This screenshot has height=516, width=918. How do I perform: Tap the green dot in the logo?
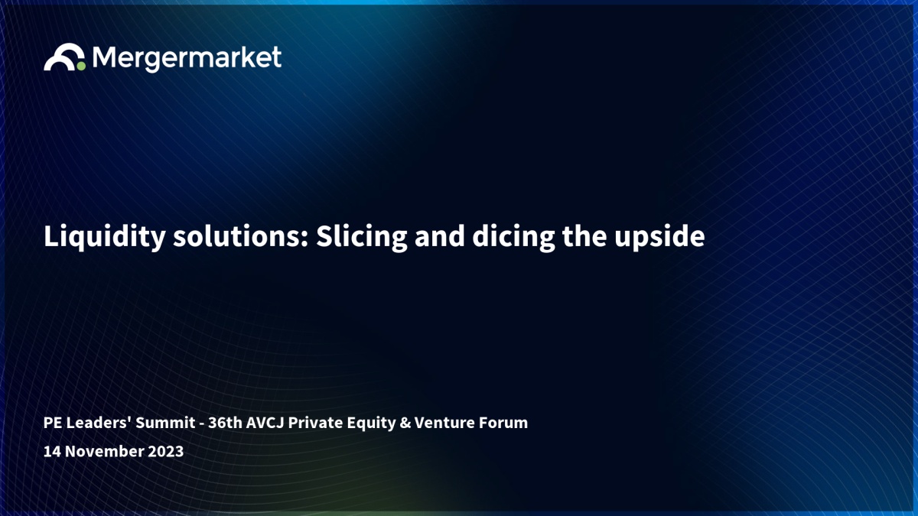pyautogui.click(x=81, y=66)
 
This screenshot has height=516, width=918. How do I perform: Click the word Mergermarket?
pyautogui.click(x=187, y=58)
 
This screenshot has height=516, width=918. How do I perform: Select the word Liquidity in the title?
pyautogui.click(x=105, y=237)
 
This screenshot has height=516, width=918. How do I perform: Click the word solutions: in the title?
pyautogui.click(x=240, y=237)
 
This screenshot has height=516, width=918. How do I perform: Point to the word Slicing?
pyautogui.click(x=361, y=237)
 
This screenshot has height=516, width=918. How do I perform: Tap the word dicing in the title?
pyautogui.click(x=513, y=237)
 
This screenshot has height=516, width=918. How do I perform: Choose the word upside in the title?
pyautogui.click(x=659, y=237)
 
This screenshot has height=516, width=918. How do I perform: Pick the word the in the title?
pyautogui.click(x=584, y=237)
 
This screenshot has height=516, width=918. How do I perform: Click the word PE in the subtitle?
pyautogui.click(x=52, y=423)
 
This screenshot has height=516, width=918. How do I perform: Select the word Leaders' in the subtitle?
pyautogui.click(x=99, y=423)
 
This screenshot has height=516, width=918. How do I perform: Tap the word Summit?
pyautogui.click(x=165, y=423)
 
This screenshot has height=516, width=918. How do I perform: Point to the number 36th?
pyautogui.click(x=225, y=423)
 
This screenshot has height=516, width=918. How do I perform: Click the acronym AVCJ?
pyautogui.click(x=265, y=423)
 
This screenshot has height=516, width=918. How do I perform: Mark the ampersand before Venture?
pyautogui.click(x=405, y=423)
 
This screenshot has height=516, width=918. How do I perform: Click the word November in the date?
pyautogui.click(x=104, y=451)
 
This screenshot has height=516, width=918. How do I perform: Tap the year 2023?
pyautogui.click(x=165, y=451)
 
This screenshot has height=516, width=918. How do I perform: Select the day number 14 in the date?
pyautogui.click(x=52, y=451)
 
